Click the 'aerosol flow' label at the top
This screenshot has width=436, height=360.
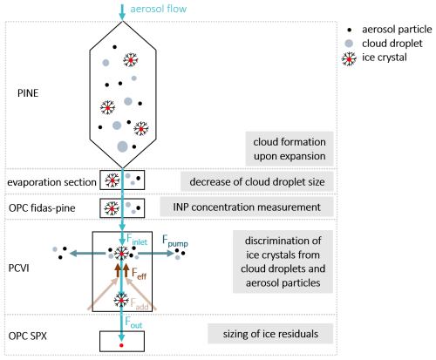click(159, 9)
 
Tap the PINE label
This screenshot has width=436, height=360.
click(28, 93)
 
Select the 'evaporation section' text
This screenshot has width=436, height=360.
click(51, 182)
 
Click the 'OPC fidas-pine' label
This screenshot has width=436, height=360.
click(42, 208)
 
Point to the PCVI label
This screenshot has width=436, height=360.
click(19, 268)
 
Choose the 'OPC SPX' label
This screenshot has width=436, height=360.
click(28, 336)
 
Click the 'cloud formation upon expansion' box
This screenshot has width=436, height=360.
click(290, 149)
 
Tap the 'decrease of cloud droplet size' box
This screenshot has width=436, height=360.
click(257, 181)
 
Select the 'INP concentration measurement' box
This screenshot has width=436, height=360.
click(247, 207)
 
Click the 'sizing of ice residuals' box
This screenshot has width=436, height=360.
click(270, 334)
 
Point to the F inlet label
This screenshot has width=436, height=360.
click(137, 239)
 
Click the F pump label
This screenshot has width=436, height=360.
click(175, 241)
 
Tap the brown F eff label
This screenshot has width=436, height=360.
click(139, 274)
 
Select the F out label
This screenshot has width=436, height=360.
click(133, 323)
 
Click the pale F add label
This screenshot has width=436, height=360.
click(140, 304)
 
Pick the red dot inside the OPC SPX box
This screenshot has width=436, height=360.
click(121, 345)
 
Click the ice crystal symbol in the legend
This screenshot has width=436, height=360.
click(349, 59)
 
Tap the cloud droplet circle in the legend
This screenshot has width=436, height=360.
click(349, 44)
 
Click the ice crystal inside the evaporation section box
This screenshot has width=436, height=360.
click(112, 180)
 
